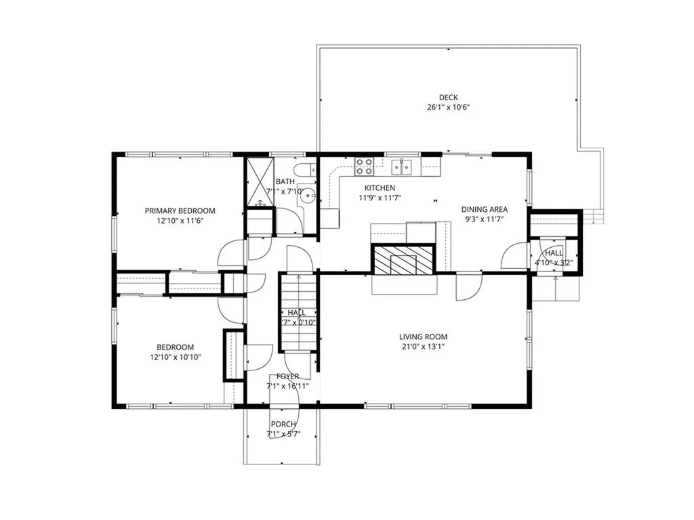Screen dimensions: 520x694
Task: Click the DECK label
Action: [x=448, y=97]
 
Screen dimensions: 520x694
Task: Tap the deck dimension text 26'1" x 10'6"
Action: [x=448, y=108]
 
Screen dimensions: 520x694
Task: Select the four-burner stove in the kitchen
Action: [x=364, y=166]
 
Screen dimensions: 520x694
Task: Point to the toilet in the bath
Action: [x=303, y=169]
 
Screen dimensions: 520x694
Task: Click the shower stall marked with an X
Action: [x=258, y=181]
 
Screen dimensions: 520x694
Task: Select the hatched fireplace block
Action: [x=403, y=259]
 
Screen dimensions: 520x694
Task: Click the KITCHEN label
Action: [x=380, y=188]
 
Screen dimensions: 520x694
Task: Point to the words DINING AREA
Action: [x=485, y=210]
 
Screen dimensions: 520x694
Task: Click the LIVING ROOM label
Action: [x=423, y=337]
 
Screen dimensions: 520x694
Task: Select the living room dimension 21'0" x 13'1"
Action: [x=423, y=347]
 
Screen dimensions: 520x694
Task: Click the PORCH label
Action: [x=283, y=425]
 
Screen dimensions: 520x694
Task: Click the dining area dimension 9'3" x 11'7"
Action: [x=485, y=219]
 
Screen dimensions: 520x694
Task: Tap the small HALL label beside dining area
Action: [x=554, y=253]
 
